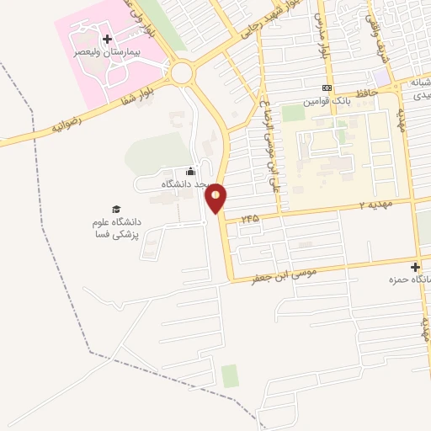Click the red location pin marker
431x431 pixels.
[216, 196]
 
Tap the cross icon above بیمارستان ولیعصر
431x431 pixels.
[107, 39]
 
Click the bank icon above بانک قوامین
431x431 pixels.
[327, 88]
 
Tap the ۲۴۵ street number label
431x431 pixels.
[249, 218]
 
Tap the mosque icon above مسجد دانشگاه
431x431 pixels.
[190, 172]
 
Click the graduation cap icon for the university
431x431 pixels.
[116, 209]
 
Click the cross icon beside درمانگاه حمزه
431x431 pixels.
[415, 267]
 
